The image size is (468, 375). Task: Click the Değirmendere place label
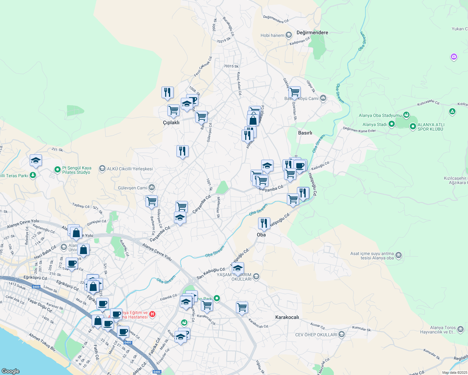[x=312, y=32]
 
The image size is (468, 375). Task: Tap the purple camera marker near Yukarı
[x=454, y=57]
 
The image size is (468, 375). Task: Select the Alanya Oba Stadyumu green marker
[x=406, y=115]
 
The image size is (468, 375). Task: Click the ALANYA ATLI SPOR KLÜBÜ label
[x=431, y=127]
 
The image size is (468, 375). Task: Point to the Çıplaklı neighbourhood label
[x=171, y=122]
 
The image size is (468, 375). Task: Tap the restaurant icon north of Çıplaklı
[x=167, y=92]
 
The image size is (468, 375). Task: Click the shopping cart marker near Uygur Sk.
[x=294, y=92]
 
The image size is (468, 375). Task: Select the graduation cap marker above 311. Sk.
[x=36, y=161]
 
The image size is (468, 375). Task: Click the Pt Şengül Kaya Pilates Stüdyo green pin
[x=57, y=170]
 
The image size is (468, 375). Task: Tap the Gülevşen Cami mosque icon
[x=152, y=187]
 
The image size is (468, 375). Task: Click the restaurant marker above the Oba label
[x=264, y=223]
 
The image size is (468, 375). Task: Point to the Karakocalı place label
[x=287, y=317]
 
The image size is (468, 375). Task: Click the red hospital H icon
[x=152, y=314]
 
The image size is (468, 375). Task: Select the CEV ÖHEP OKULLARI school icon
[x=341, y=335]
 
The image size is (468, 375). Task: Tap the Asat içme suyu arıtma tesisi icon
[x=398, y=255]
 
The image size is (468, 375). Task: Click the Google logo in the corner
[x=10, y=371]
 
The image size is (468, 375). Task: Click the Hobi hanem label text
[x=272, y=35]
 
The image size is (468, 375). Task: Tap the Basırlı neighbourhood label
[x=305, y=133]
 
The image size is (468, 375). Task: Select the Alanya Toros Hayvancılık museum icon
[x=460, y=329]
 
